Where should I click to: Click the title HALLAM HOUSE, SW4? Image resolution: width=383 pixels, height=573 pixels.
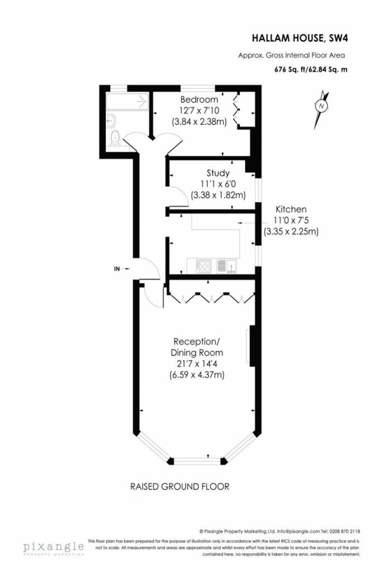pos(299,38)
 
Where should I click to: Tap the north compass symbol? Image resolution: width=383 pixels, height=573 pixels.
pos(321,106)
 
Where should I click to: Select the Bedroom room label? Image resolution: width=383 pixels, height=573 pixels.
pos(200,100)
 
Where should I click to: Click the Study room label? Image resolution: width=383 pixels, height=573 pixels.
pos(218,173)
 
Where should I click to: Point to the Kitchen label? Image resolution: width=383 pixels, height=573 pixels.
pos(291,209)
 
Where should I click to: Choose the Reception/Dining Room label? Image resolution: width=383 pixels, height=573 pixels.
pos(197,347)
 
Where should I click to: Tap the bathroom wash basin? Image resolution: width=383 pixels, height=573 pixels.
pos(111,120)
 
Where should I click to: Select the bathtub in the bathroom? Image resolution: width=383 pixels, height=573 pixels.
pos(127,101)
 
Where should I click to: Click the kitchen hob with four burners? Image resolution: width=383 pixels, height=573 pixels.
pos(202,266)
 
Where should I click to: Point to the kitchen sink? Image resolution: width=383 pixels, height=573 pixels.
pos(226,266)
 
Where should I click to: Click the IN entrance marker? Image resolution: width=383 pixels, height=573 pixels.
pos(121,269)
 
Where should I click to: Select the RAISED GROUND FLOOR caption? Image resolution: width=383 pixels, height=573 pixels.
pos(179,486)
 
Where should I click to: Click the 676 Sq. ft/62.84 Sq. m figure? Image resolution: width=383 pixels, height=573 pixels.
pos(311,69)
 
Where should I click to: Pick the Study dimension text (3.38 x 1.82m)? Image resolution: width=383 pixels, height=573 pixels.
pos(218,195)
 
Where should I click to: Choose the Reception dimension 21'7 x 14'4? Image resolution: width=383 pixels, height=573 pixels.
pos(197,364)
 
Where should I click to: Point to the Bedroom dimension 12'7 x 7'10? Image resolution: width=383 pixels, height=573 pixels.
pos(200,110)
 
